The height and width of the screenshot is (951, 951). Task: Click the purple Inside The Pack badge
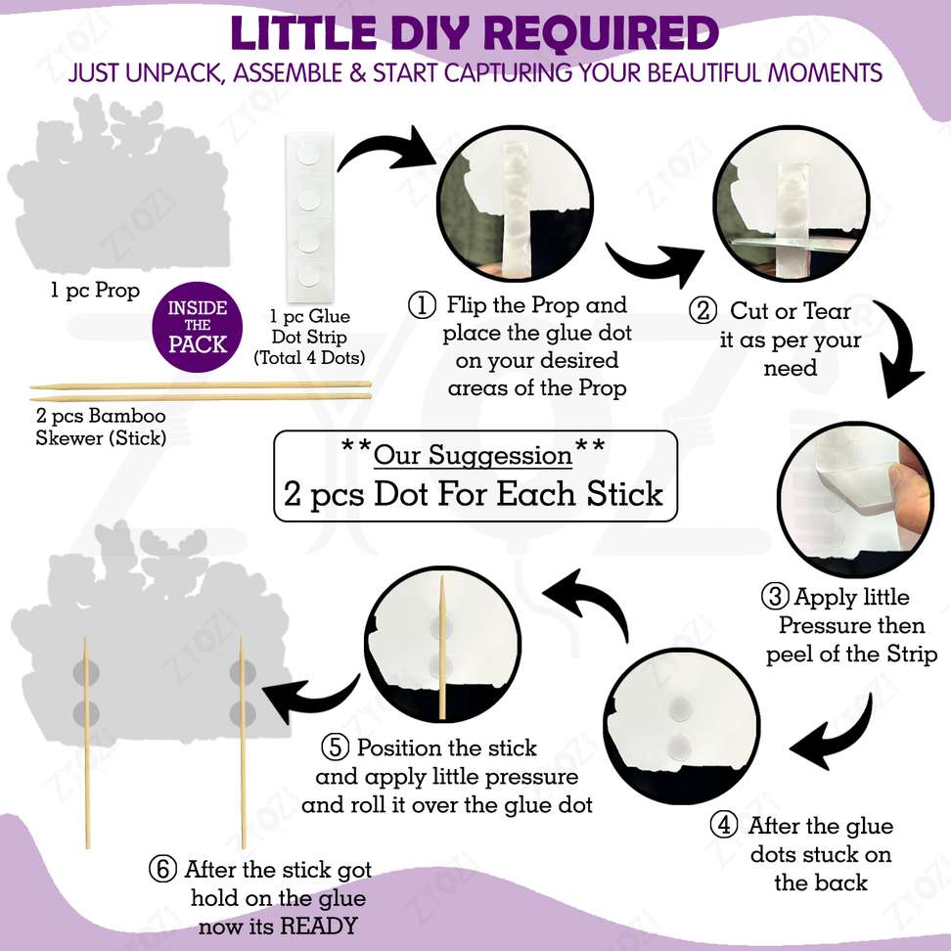point(197,327)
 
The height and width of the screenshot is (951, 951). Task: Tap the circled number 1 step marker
point(422,305)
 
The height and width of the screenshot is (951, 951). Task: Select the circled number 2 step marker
point(702,310)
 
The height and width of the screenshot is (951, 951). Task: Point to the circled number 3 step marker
point(775,597)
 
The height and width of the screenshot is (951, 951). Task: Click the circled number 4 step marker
point(724,826)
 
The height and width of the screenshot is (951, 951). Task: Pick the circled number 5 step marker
point(336,747)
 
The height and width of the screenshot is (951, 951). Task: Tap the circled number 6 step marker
point(162,869)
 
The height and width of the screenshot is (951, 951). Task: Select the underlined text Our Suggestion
point(474,455)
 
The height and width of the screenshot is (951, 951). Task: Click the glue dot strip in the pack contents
point(309,217)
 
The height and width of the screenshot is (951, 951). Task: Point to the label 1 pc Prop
point(95,290)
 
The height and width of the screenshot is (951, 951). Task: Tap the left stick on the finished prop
point(87,743)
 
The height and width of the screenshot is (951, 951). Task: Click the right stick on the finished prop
point(243,743)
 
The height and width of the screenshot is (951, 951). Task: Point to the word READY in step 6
point(319,927)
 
